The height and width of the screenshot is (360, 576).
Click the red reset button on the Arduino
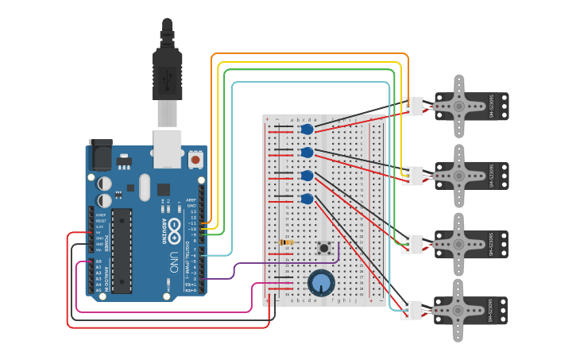pyautogui.click(x=195, y=159)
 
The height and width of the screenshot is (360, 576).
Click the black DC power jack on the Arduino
pyautogui.click(x=100, y=154)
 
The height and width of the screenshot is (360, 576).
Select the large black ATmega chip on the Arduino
pyautogui.click(x=122, y=250)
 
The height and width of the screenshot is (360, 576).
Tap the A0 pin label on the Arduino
pyautogui.click(x=99, y=261)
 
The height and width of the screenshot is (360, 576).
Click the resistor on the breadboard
pyautogui.click(x=286, y=242)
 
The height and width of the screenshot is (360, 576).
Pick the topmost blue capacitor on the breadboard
pyautogui.click(x=307, y=129)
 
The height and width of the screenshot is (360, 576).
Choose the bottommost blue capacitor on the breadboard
pyautogui.click(x=307, y=199)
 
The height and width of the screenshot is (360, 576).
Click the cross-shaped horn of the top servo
pyautogui.click(x=458, y=106)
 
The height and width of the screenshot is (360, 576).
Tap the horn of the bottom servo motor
pyautogui.click(x=458, y=310)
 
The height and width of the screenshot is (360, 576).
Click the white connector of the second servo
pyautogui.click(x=412, y=176)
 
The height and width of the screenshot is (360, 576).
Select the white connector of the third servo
pyautogui.click(x=412, y=244)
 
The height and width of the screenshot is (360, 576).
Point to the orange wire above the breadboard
pyautogui.click(x=310, y=54)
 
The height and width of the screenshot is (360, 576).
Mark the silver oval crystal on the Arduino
pyautogui.click(x=144, y=188)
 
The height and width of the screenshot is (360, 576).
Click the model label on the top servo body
pyautogui.click(x=491, y=106)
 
